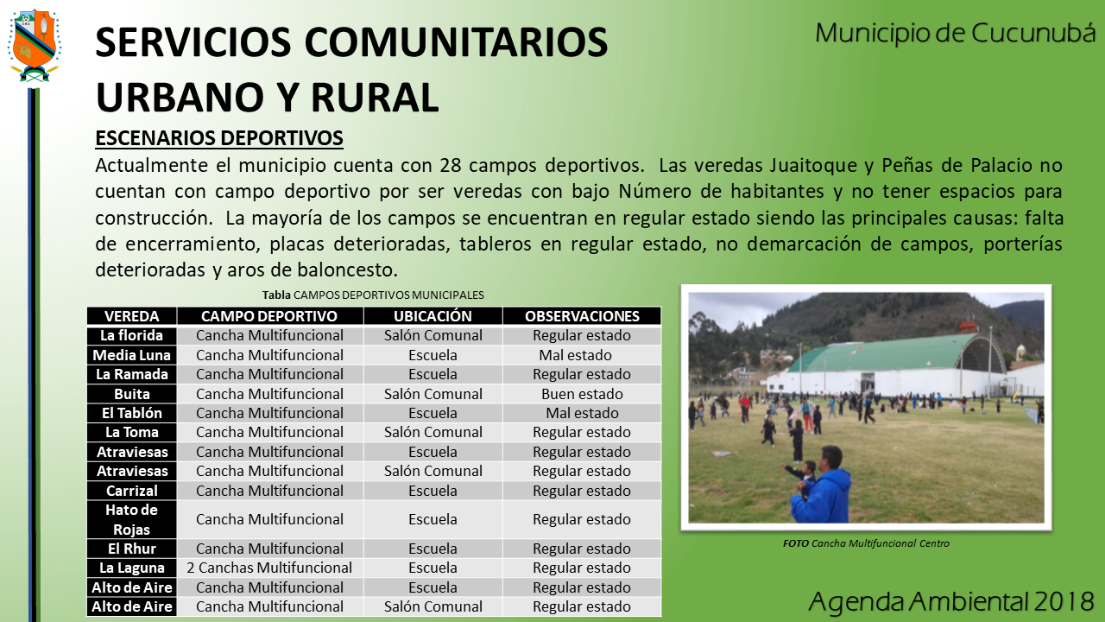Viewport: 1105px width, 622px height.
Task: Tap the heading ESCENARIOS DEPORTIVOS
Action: [x=219, y=137]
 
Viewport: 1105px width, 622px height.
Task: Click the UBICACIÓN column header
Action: [x=433, y=316]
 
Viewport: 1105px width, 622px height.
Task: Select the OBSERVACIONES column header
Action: [x=582, y=316]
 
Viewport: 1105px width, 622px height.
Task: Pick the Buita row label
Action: [x=132, y=394]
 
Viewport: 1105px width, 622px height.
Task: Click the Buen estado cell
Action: [x=582, y=394]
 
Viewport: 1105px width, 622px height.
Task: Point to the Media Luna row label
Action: [x=132, y=355]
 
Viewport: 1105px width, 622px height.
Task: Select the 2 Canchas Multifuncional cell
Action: [x=269, y=568]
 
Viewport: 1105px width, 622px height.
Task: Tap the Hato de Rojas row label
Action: [x=132, y=519]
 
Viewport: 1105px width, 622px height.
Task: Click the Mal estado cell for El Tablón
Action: [x=582, y=413]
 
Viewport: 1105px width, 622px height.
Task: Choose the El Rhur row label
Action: [x=132, y=549]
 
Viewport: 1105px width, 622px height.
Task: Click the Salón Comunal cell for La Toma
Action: [x=433, y=432]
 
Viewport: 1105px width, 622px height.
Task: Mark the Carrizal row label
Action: [x=132, y=491]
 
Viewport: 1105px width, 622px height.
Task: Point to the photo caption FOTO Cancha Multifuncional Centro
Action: [x=866, y=543]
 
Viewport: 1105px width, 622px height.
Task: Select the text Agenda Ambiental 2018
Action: [x=951, y=601]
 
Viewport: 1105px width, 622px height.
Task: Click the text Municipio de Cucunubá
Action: [x=955, y=33]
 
